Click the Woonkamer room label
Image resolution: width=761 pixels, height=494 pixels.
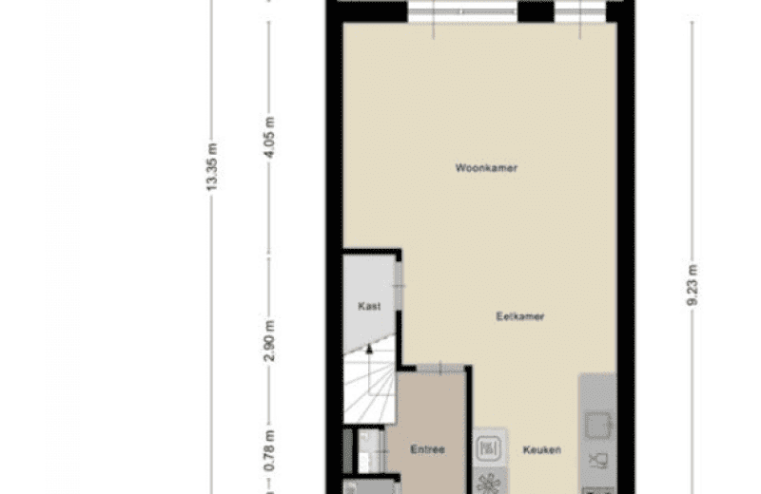pyautogui.click(x=486, y=168)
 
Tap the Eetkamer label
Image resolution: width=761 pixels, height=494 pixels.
pyautogui.click(x=520, y=316)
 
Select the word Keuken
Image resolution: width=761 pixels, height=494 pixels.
pyautogui.click(x=542, y=450)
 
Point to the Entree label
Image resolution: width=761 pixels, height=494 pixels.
pyautogui.click(x=427, y=449)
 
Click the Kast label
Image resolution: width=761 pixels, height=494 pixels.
pyautogui.click(x=369, y=306)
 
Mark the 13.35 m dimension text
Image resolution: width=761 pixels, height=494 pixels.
pyautogui.click(x=212, y=167)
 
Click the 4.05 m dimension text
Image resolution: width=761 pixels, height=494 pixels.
pyautogui.click(x=270, y=137)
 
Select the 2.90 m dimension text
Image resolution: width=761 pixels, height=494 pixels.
pyautogui.click(x=270, y=341)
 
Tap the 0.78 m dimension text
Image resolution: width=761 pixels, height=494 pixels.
pyautogui.click(x=270, y=450)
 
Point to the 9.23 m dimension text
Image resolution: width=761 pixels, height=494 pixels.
pyautogui.click(x=693, y=285)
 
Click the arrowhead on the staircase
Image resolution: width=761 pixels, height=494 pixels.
pyautogui.click(x=369, y=348)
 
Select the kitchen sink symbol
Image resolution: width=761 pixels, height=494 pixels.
pyautogui.click(x=598, y=426)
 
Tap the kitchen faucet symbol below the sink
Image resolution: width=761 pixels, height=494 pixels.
pyautogui.click(x=598, y=461)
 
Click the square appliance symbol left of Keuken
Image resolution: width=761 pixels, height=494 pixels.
pyautogui.click(x=489, y=448)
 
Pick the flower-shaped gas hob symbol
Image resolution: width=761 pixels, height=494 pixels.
pyautogui.click(x=489, y=483)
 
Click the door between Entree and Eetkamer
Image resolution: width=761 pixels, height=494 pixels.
pyautogui.click(x=440, y=369)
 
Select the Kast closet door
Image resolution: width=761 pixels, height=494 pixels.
pyautogui.click(x=398, y=286)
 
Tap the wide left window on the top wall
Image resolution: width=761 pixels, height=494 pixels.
pyautogui.click(x=462, y=11)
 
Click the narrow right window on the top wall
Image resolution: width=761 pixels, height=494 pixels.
pyautogui.click(x=580, y=11)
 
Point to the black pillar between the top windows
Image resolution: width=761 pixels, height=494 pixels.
pyautogui.click(x=536, y=11)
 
